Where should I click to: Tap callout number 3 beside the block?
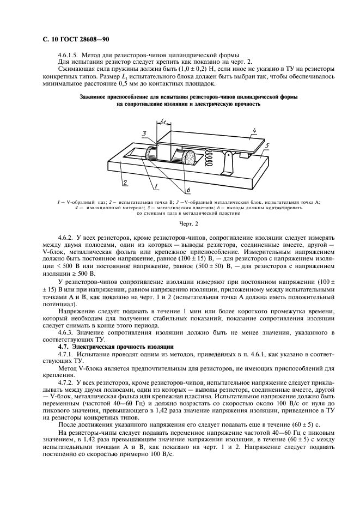coord(143,133)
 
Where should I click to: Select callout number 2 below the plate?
coord(124,181)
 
